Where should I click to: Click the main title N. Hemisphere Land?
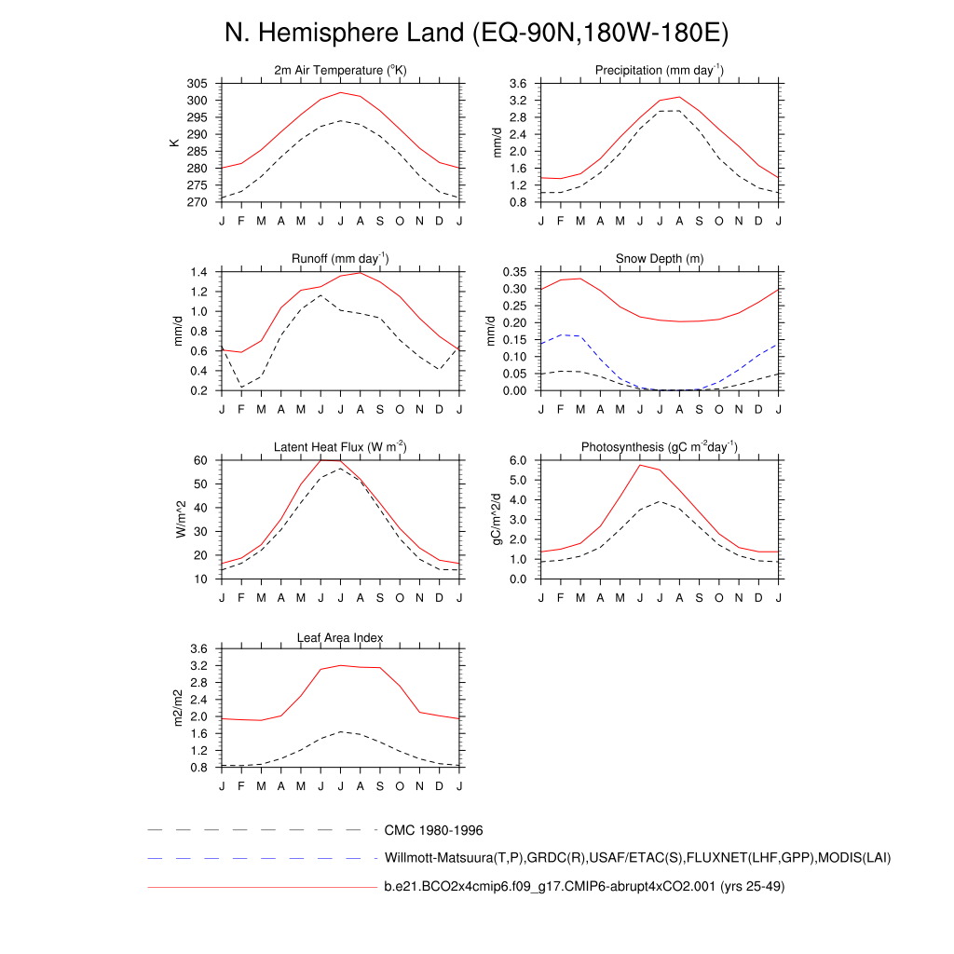point(476,34)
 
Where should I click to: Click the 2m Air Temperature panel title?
point(340,71)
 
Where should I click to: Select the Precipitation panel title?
point(660,71)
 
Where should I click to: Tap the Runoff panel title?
point(340,259)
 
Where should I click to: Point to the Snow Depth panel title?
point(660,259)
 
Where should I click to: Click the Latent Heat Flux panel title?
point(340,447)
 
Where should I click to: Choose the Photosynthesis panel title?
point(660,447)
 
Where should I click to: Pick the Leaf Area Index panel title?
point(340,637)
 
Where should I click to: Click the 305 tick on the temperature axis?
point(197,84)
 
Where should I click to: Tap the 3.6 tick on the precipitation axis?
point(519,84)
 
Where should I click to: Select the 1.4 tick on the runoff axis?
point(198,272)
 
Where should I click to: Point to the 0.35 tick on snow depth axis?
point(515,272)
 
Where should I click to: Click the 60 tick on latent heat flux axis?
point(201,460)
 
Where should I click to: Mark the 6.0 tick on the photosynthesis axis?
point(519,460)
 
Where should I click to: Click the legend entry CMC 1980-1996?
point(433,829)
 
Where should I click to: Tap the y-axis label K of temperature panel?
point(173,143)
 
